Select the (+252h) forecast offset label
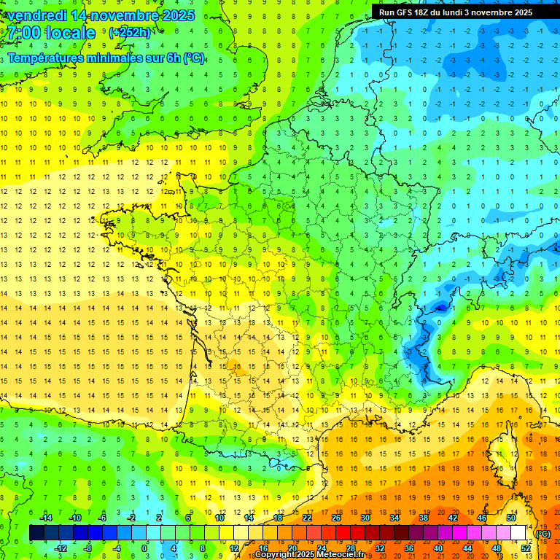pyautogui.click(x=130, y=33)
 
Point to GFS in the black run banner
pyautogui.click(x=403, y=12)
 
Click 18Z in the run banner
pyautogui.click(x=422, y=12)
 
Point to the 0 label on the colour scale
pyautogui.click(x=144, y=548)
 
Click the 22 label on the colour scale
pyautogui.click(x=307, y=518)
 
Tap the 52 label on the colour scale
pyautogui.click(x=526, y=548)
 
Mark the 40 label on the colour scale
pyautogui.click(x=438, y=548)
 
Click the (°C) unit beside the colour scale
pyautogui.click(x=543, y=534)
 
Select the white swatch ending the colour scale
pyautogui.click(x=518, y=533)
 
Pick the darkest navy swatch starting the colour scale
pyautogui.click(x=36, y=533)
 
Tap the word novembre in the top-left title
pyautogui.click(x=132, y=15)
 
